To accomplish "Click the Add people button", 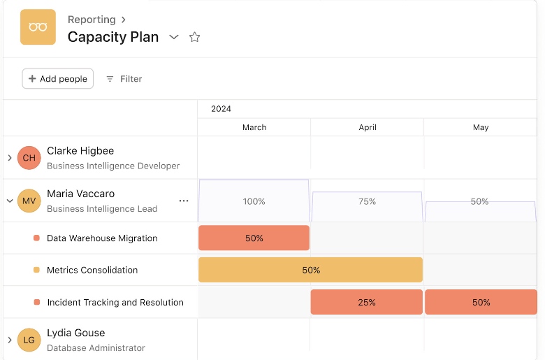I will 58,79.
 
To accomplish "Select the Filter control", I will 124,79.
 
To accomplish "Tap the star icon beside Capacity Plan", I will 195,37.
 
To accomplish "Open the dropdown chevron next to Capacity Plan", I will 174,37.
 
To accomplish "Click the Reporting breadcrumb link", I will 92,20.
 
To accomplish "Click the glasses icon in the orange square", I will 38,27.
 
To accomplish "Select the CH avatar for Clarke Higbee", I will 29,158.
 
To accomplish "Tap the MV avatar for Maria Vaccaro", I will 29,201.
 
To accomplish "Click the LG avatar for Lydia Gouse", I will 29,340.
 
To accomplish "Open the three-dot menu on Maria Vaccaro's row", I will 184,201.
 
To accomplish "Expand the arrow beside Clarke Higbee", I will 10,158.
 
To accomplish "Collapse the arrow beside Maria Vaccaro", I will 10,201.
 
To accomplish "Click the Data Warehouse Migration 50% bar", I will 254,238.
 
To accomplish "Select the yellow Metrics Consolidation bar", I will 310,270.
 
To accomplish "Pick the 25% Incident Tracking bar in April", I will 367,303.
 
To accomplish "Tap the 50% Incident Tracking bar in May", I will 481,303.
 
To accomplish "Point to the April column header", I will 368,127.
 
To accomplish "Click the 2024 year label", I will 221,109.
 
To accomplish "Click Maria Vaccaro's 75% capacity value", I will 368,201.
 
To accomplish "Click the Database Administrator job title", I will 96,347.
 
